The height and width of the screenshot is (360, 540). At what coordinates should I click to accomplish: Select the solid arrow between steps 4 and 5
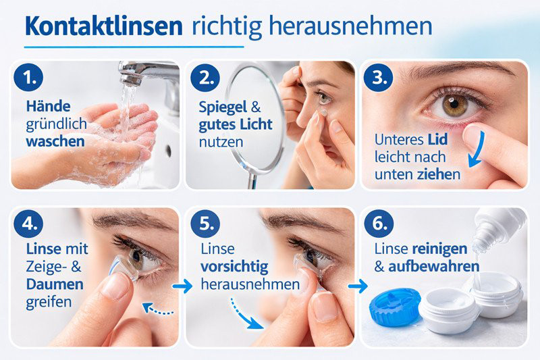(182, 286)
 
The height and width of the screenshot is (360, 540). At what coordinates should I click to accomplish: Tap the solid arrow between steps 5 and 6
(357, 286)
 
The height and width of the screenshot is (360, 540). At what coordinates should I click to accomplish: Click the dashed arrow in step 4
(158, 310)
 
